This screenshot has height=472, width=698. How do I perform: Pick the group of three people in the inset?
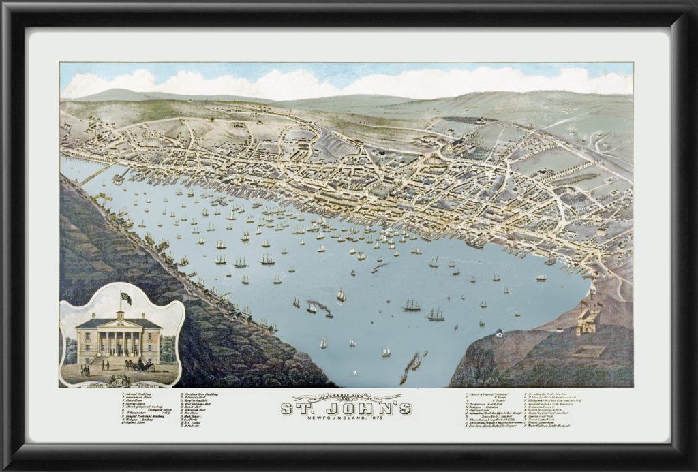[x=85, y=370]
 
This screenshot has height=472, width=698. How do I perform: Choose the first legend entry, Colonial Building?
[x=136, y=394]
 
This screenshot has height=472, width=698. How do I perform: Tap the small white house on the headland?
[x=499, y=334]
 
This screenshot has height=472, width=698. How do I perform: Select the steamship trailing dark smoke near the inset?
[x=319, y=309]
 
